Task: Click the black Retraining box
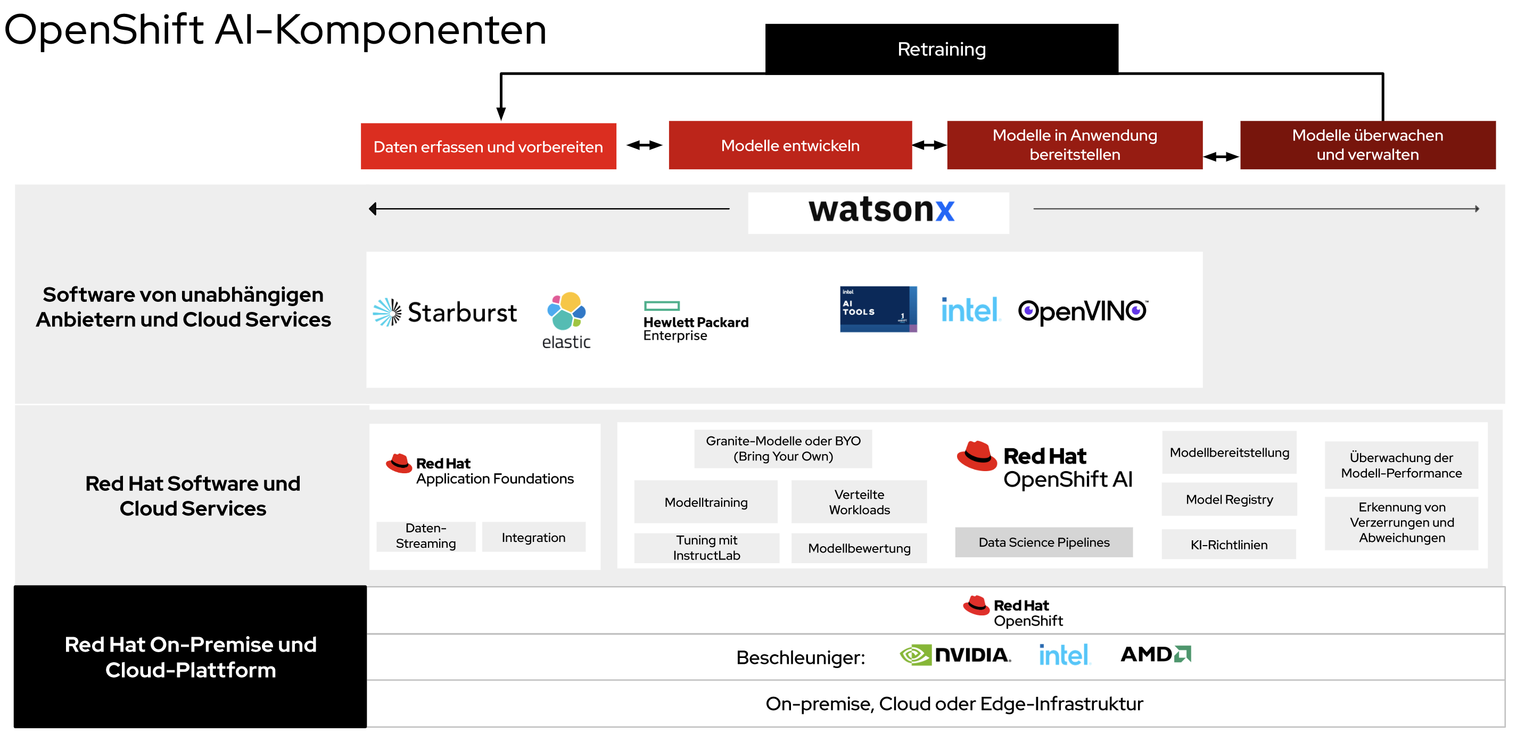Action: pos(941,49)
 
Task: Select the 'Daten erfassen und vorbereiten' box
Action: pos(488,146)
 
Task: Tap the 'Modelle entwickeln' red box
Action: pos(790,145)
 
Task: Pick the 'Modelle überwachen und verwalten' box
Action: pos(1367,145)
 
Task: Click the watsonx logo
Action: pos(880,210)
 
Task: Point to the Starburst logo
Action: pos(445,312)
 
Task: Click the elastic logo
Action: pos(566,320)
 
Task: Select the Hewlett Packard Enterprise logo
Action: pos(696,322)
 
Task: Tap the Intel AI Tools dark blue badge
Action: pos(877,309)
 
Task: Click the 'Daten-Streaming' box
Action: pos(426,536)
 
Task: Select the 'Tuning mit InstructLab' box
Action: pos(706,548)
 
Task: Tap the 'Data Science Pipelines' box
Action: pos(1043,542)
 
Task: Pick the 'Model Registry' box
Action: pos(1229,499)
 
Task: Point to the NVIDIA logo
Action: pos(954,655)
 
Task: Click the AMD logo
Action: pos(1156,654)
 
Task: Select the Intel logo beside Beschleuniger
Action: pos(1063,655)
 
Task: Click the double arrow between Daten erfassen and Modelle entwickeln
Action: pos(644,145)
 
